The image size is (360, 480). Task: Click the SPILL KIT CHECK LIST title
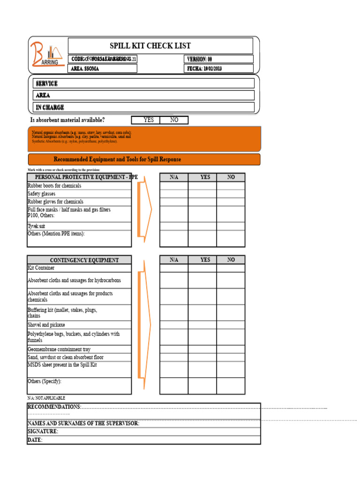point(150,46)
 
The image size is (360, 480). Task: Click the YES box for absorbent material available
point(148,120)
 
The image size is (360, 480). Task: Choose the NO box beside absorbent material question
point(174,120)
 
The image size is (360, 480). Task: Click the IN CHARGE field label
point(50,107)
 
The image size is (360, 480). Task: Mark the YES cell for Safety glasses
point(202,194)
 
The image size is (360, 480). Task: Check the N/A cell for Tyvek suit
point(174,226)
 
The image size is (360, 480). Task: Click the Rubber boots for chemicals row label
point(54,186)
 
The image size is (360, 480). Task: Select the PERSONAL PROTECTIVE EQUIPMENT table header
point(79,177)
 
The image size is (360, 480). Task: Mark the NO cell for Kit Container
point(231,268)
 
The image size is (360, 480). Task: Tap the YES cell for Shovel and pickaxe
point(202,324)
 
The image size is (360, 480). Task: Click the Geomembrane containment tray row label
point(59,349)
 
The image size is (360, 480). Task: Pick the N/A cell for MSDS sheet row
point(174,369)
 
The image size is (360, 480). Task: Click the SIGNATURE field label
point(43,431)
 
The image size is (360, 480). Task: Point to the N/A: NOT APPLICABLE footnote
point(46,398)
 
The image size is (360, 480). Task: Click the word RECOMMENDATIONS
point(54,406)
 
